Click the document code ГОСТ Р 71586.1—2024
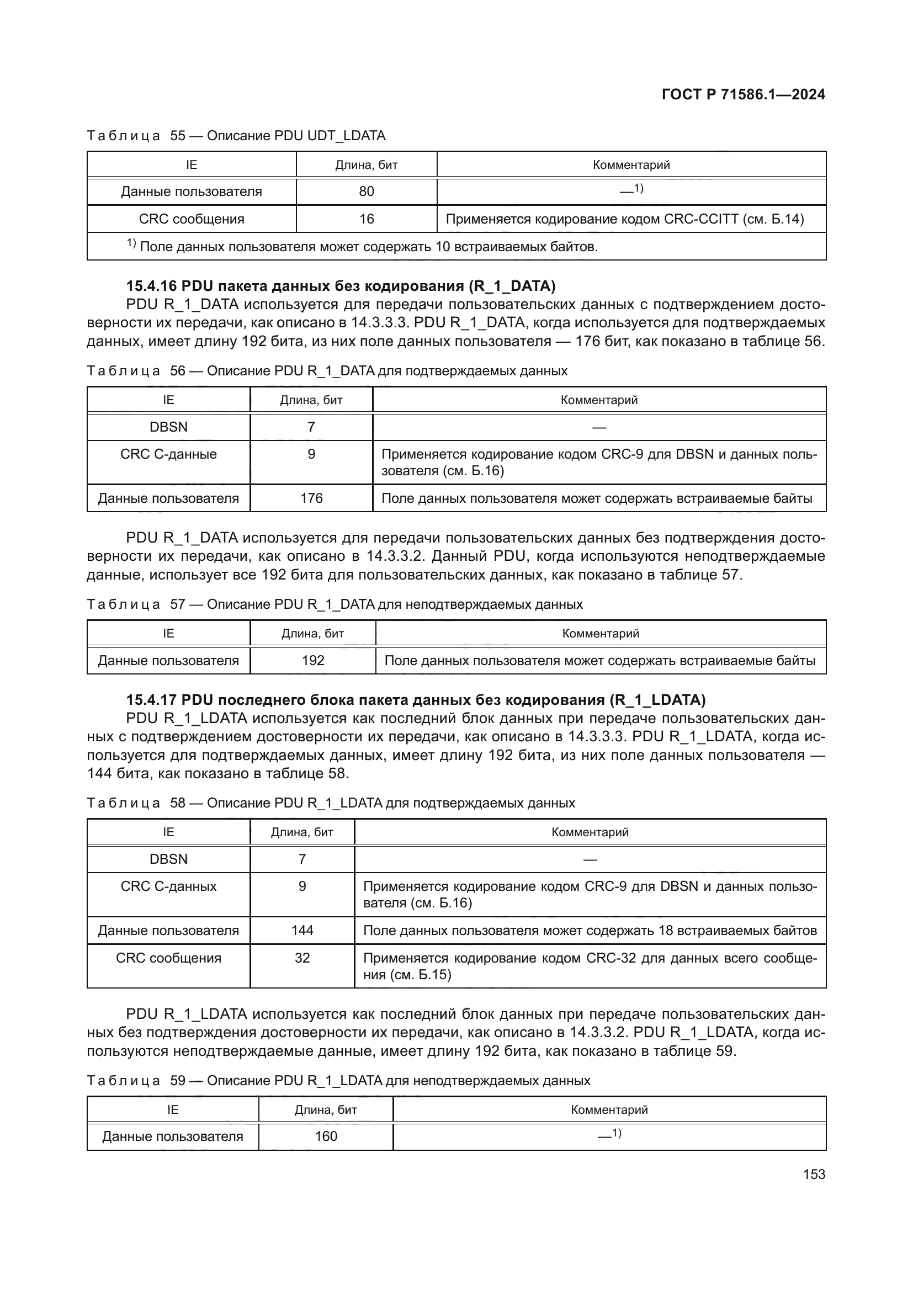click(742, 94)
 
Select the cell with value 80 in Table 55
click(366, 192)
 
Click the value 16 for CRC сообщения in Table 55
click(366, 219)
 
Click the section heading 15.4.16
click(340, 286)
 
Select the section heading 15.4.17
click(416, 700)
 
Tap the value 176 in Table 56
click(311, 498)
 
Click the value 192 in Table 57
click(312, 661)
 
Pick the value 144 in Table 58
click(302, 931)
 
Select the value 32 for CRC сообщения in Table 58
click(302, 958)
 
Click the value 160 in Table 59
click(326, 1136)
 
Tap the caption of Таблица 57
click(335, 604)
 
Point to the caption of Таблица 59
click(338, 1081)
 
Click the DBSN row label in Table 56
click(168, 427)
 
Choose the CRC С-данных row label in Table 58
click(168, 887)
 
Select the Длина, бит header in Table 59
click(326, 1110)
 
